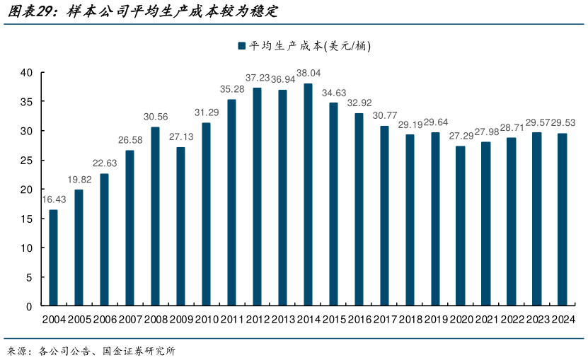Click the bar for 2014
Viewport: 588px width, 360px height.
pyautogui.click(x=308, y=194)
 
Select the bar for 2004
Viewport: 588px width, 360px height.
pyautogui.click(x=54, y=258)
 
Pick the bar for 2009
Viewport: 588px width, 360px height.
pyautogui.click(x=180, y=226)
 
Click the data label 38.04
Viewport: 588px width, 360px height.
pyautogui.click(x=308, y=73)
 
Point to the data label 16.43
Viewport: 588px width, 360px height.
pyautogui.click(x=54, y=199)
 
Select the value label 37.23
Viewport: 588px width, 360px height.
pyautogui.click(x=258, y=77)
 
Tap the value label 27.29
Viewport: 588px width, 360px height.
pyautogui.click(x=461, y=136)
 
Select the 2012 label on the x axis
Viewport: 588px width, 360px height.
pyautogui.click(x=258, y=320)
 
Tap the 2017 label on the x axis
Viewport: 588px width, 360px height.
pyautogui.click(x=384, y=320)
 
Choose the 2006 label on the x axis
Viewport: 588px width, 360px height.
pyautogui.click(x=105, y=320)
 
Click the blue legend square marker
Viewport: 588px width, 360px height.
pyautogui.click(x=241, y=46)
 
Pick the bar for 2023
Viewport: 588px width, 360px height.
pyautogui.click(x=537, y=219)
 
